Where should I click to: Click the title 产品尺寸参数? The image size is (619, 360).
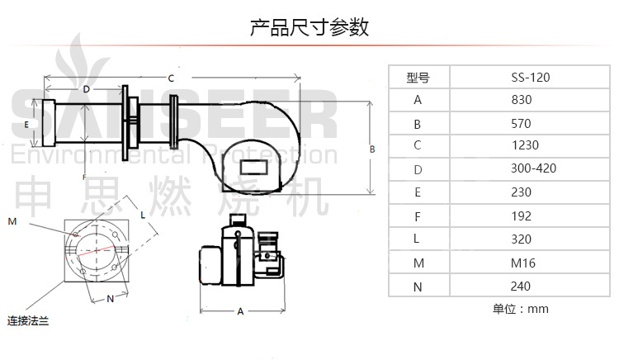(309, 28)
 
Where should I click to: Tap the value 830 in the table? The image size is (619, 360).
(522, 100)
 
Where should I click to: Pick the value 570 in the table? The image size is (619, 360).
(522, 124)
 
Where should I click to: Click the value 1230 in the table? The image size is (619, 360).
(525, 144)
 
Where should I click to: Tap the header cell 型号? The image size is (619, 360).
(418, 78)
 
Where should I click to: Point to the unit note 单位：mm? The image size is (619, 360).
(520, 310)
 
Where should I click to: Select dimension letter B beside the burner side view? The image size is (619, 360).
(372, 149)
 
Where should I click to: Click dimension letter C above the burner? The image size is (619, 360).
(171, 78)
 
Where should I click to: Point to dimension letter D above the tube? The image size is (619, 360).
(86, 88)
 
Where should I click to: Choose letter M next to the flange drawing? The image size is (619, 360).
(12, 221)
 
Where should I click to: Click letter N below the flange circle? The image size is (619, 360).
(111, 298)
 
